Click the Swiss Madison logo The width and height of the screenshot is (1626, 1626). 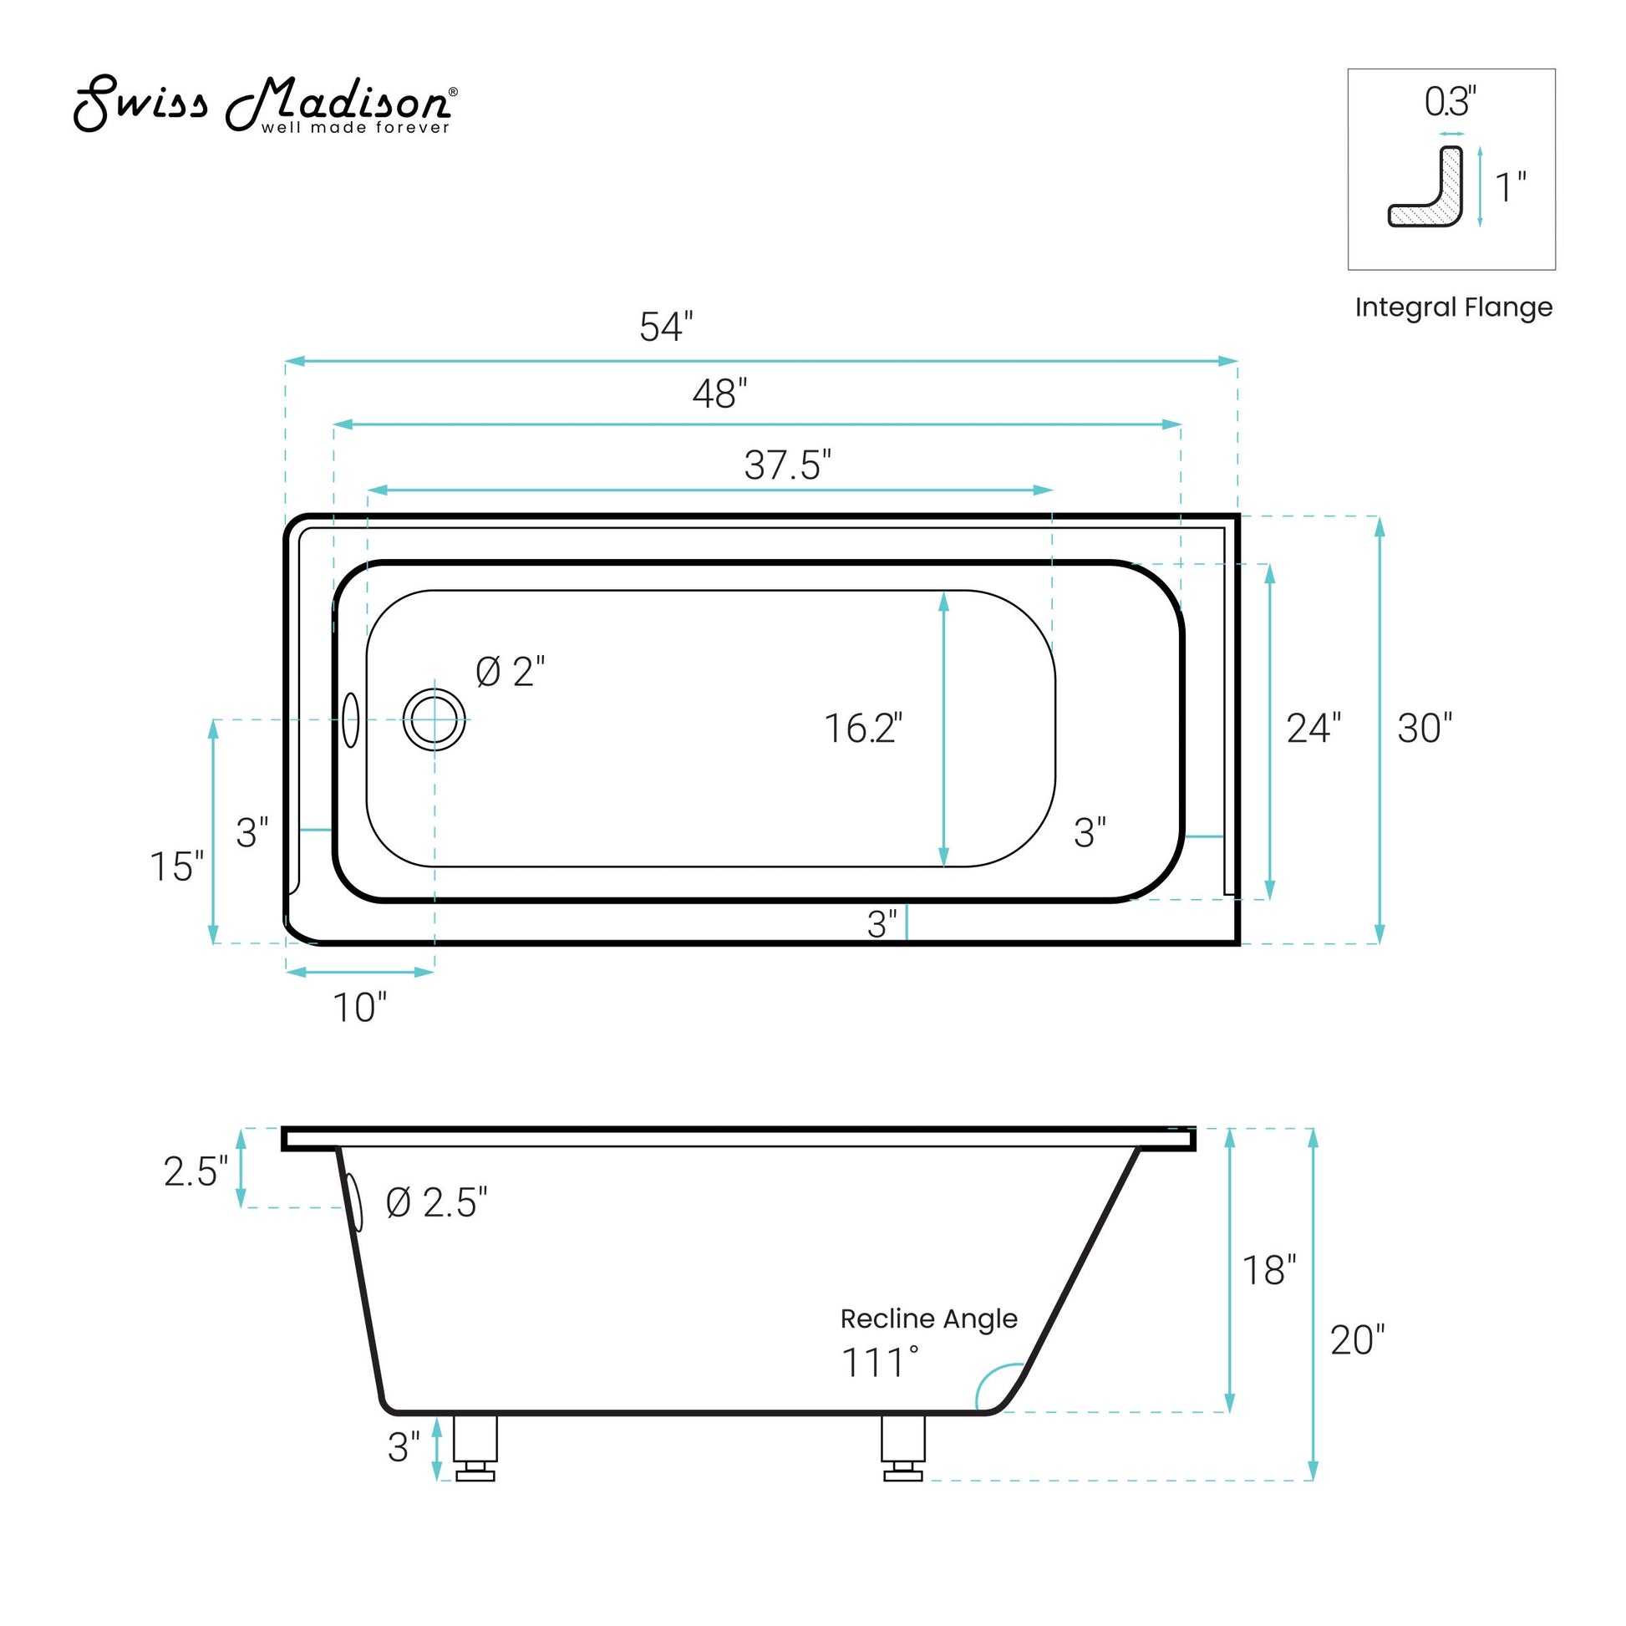[265, 105]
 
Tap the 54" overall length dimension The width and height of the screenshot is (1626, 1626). [666, 327]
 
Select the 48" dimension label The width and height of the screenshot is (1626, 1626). [719, 393]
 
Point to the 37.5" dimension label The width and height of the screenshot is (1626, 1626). [787, 465]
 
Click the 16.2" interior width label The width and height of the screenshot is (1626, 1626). [861, 728]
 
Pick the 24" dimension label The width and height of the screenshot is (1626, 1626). [1312, 728]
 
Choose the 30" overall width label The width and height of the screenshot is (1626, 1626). [1424, 728]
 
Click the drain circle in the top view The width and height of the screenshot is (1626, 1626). [434, 719]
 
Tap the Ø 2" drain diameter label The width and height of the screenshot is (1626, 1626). [510, 672]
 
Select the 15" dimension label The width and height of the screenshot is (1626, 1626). [176, 866]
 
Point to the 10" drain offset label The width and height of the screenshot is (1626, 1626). [359, 1008]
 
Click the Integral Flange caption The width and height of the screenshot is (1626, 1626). [1453, 307]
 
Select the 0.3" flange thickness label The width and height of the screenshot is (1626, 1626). [1449, 102]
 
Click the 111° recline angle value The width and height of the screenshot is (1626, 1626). [880, 1363]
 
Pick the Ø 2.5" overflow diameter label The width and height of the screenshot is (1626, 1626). [436, 1202]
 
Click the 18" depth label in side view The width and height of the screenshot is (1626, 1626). [1268, 1271]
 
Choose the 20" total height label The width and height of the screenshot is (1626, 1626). [1356, 1340]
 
